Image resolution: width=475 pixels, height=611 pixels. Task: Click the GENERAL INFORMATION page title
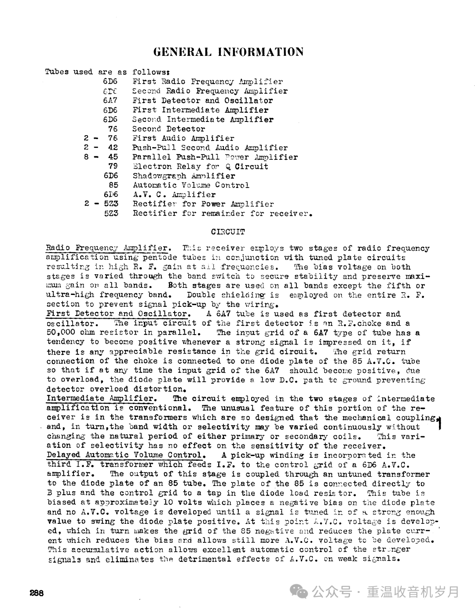point(228,52)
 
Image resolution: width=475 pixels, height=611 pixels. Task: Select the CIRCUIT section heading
point(228,232)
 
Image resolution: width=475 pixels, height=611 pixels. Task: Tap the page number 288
point(37,593)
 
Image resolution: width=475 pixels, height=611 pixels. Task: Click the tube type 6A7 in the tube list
point(110,101)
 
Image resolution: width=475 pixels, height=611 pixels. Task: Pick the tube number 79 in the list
point(113,166)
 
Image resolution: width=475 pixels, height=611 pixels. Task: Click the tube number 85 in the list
point(113,185)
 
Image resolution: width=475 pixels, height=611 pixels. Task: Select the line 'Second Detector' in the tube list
point(169,129)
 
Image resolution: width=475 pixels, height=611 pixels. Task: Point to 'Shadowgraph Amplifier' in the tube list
point(184,176)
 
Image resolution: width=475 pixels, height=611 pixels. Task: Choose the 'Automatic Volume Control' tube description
point(191,185)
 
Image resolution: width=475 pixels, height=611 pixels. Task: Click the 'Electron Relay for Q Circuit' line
point(200,166)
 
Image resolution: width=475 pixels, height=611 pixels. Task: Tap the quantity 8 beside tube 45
point(87,157)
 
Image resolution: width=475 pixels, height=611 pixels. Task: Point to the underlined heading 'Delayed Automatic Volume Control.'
point(126,455)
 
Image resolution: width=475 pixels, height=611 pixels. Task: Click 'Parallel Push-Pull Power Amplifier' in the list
point(215,157)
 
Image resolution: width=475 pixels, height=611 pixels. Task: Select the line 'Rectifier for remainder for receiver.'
point(223,213)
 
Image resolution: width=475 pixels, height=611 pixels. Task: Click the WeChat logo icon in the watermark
point(301,591)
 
